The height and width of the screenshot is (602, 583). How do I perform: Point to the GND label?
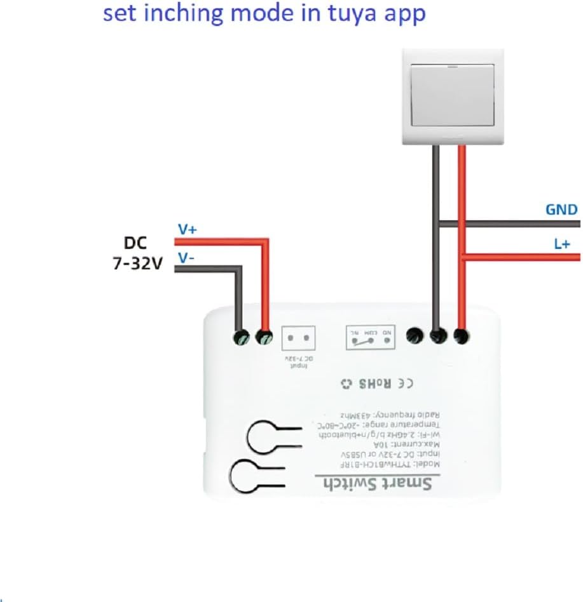[x=561, y=210]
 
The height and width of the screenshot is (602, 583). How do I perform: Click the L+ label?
[x=562, y=243]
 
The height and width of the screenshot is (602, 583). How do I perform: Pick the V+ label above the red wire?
[x=186, y=230]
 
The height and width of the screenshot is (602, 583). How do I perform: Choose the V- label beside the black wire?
[x=186, y=258]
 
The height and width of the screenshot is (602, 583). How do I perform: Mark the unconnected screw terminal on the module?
[x=415, y=336]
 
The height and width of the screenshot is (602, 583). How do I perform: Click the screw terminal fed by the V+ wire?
[x=264, y=337]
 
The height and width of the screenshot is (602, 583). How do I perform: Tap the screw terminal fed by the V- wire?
[x=241, y=337]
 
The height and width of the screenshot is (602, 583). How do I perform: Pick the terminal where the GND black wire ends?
[x=438, y=336]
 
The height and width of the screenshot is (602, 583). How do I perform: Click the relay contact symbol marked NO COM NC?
[x=370, y=337]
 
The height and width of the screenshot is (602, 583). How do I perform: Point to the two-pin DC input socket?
[x=298, y=338]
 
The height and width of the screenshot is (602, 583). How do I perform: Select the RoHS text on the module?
[x=375, y=384]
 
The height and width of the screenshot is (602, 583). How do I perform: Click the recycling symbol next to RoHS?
[x=346, y=384]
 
